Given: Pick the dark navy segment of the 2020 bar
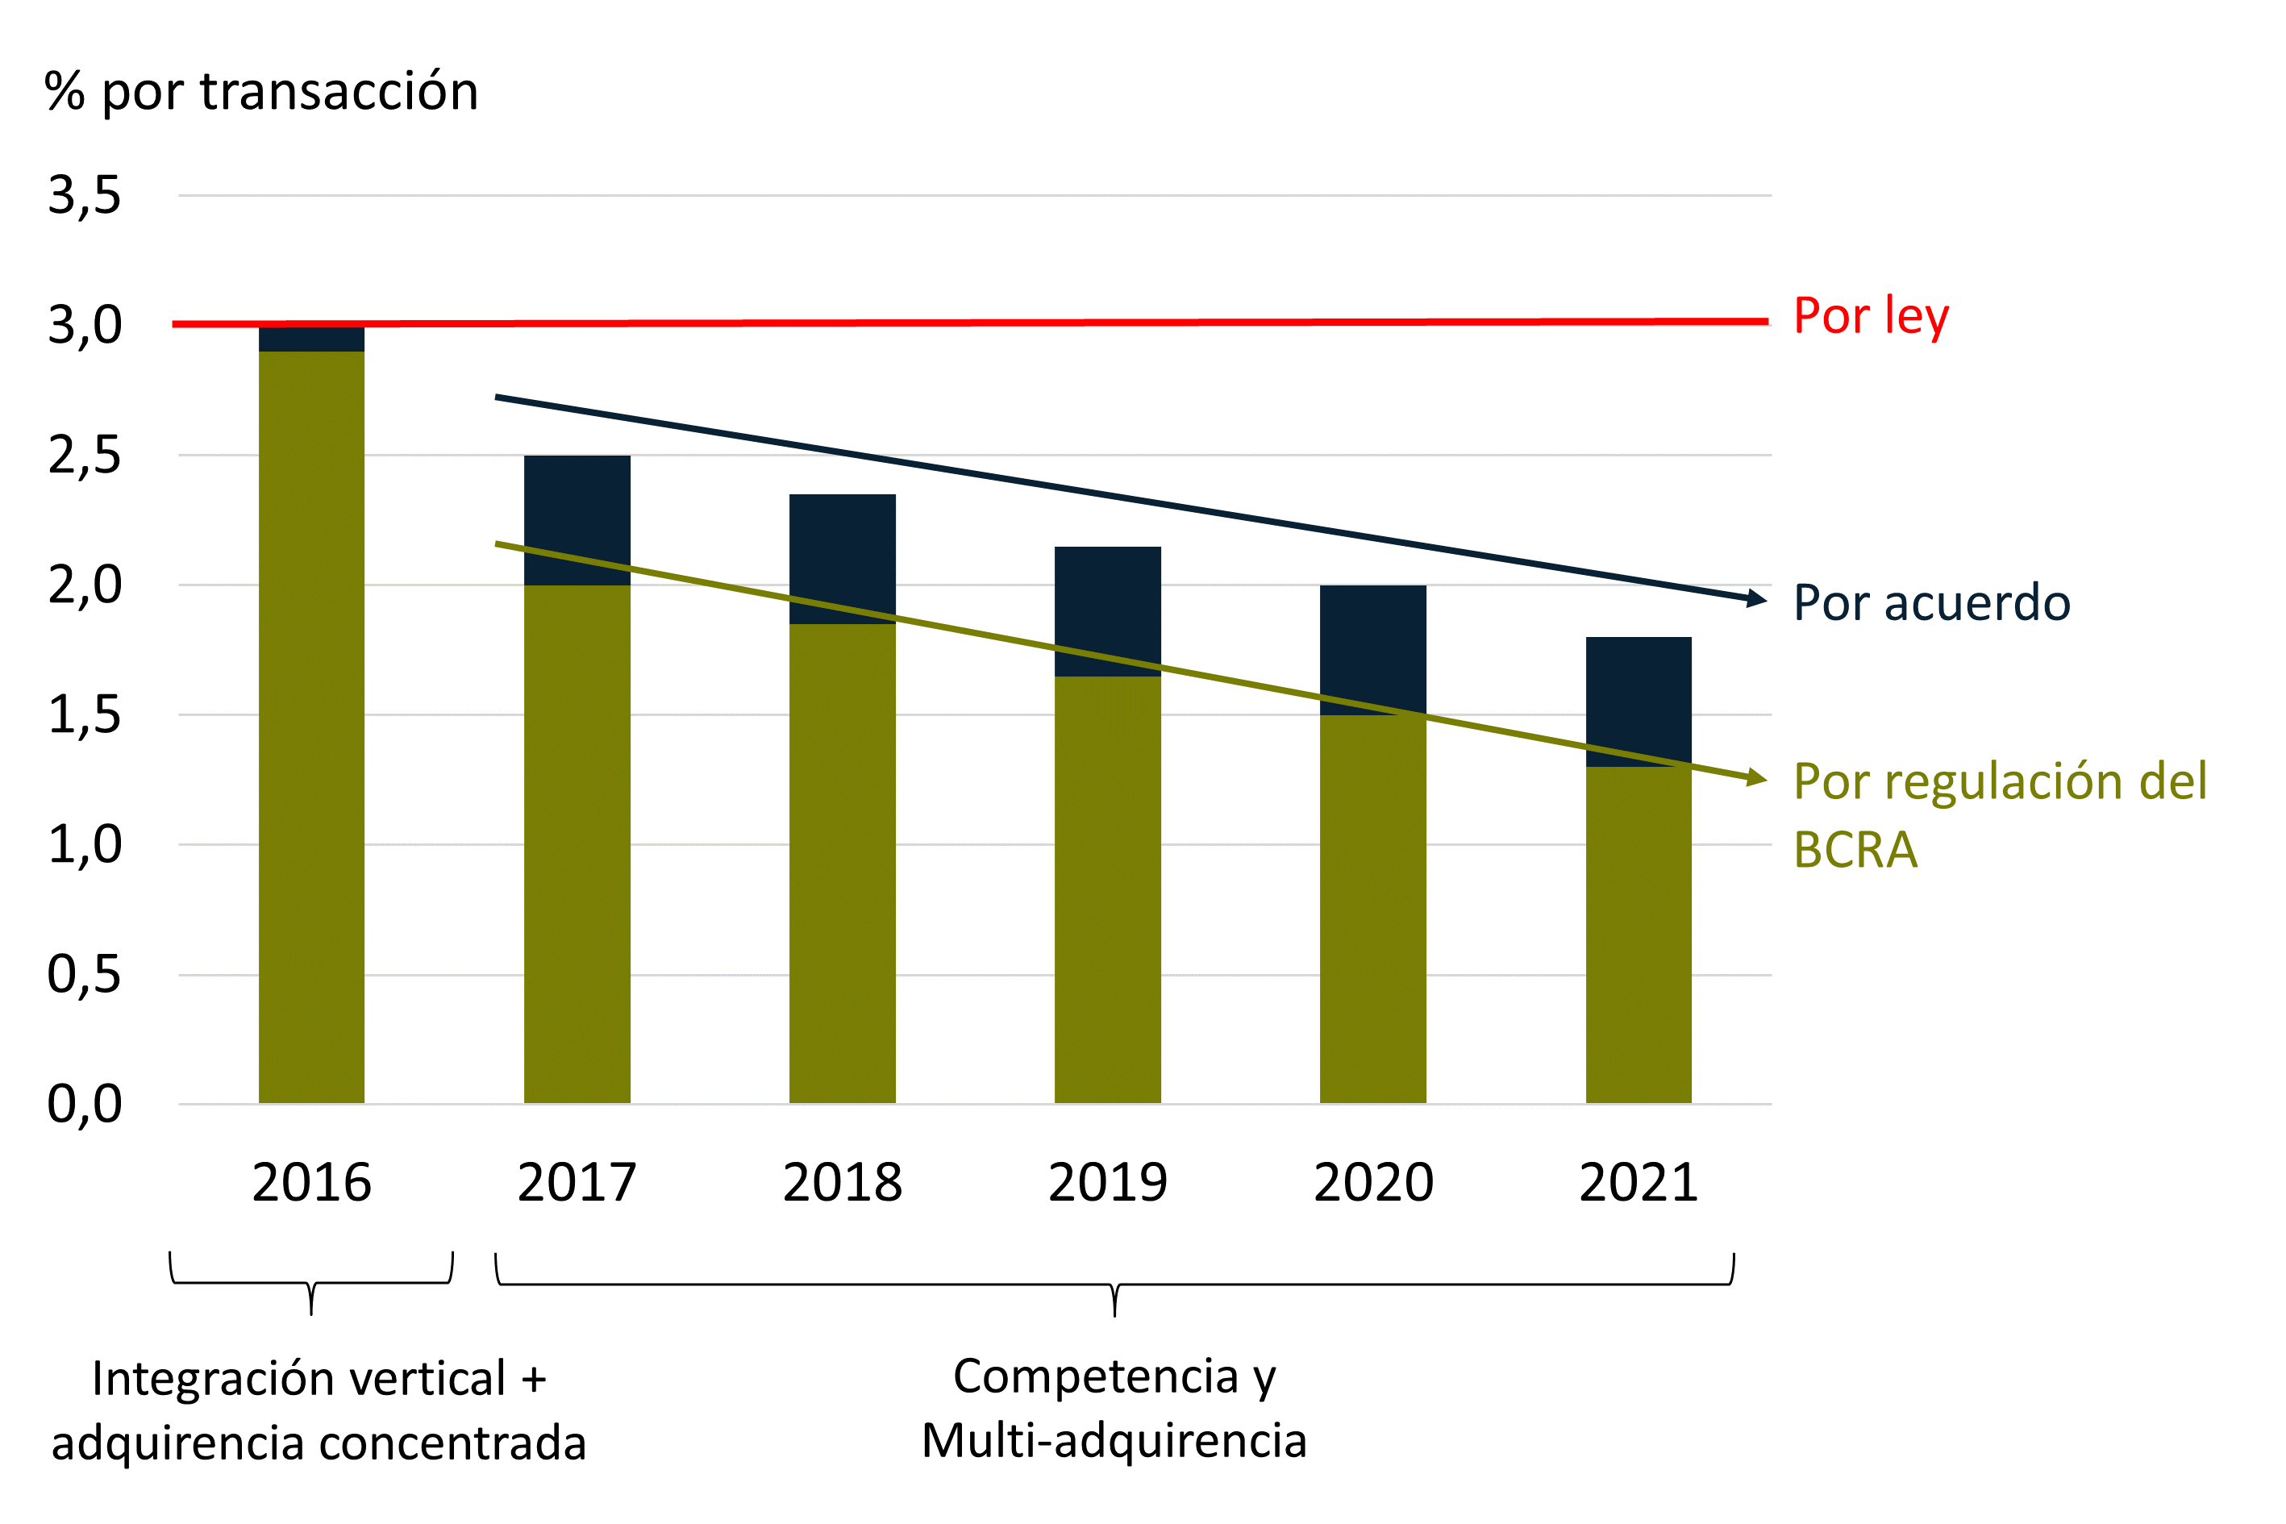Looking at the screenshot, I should click(1372, 642).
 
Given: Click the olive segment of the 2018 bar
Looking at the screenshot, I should click(842, 865).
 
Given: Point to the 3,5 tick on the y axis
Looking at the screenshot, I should click(85, 195).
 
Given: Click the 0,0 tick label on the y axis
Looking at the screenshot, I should click(85, 1104).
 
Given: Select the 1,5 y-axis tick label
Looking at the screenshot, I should click(85, 715).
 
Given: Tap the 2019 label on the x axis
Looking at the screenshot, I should click(1107, 1183).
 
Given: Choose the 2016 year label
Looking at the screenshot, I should click(311, 1183).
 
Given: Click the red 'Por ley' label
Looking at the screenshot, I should click(1870, 317).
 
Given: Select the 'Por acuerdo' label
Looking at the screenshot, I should click(1931, 602).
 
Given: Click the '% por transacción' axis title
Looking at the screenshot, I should click(260, 93).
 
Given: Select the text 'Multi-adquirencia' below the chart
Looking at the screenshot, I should click(1114, 1440).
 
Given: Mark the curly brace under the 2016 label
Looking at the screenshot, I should click(311, 1284).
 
